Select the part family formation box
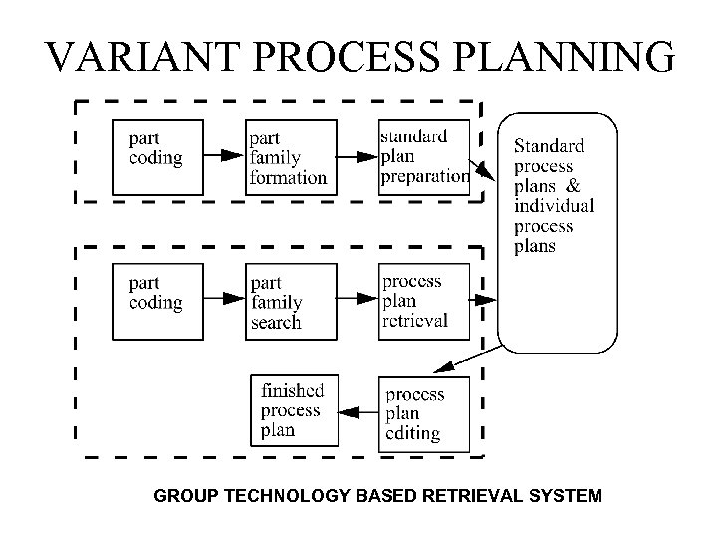(x=291, y=157)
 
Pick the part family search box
(x=291, y=300)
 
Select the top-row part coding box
(x=158, y=156)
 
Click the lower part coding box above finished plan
(x=158, y=300)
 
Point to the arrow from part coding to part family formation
(x=225, y=156)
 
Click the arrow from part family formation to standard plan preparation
(x=358, y=156)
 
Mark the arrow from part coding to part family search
(x=225, y=299)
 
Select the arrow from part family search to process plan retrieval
(x=358, y=299)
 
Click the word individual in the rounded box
(x=554, y=206)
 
